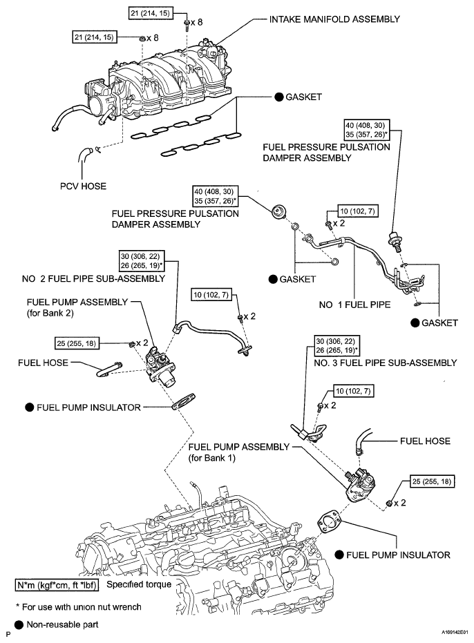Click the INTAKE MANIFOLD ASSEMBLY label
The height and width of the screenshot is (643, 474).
click(x=334, y=19)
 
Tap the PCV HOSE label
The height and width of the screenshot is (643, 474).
click(x=83, y=186)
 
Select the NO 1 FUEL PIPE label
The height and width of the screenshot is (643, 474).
click(x=354, y=305)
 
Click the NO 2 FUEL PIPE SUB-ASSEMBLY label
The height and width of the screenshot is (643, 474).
click(x=93, y=279)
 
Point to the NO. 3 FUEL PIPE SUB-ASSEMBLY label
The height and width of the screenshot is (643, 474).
click(x=385, y=363)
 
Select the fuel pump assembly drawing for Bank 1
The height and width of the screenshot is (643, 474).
click(x=359, y=485)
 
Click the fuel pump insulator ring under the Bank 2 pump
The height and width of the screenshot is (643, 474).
click(x=182, y=401)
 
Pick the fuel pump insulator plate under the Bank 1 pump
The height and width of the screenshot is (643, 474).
click(x=329, y=521)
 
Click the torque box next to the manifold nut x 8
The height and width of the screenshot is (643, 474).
click(x=94, y=37)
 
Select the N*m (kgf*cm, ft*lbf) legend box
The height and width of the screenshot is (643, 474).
click(x=57, y=585)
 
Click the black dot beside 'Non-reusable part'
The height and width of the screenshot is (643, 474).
click(x=19, y=624)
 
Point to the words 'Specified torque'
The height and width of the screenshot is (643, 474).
click(x=139, y=584)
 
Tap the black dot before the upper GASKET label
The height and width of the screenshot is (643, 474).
click(x=279, y=97)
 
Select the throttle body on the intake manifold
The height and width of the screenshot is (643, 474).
click(x=97, y=98)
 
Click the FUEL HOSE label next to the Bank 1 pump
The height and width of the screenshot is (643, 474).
click(x=425, y=441)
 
